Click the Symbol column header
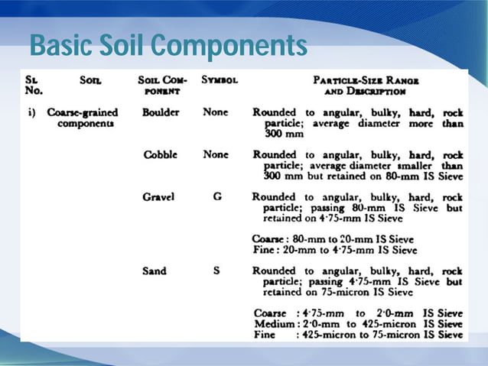pos(220,79)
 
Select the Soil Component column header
pos(161,84)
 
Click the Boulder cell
pos(161,112)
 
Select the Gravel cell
pos(158,196)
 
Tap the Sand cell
pos(154,271)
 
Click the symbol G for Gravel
pos(217,196)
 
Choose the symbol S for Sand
pos(216,271)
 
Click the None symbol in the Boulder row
pos(216,112)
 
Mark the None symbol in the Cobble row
pos(216,154)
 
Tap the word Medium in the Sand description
pos(273,323)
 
